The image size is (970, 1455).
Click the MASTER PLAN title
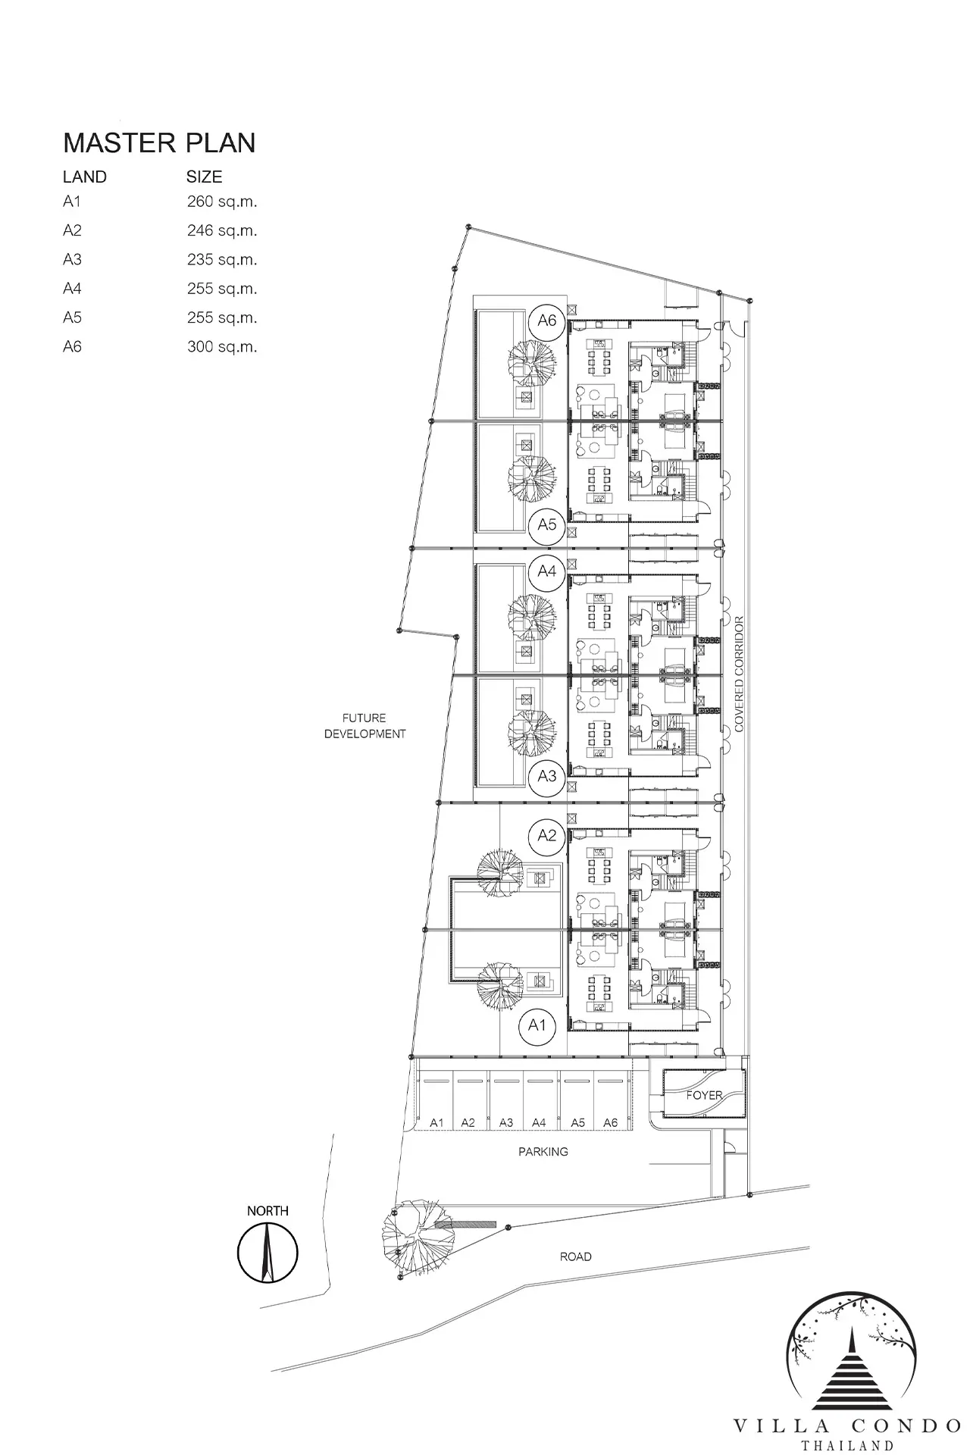click(x=159, y=143)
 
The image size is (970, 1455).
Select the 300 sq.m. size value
click(x=222, y=347)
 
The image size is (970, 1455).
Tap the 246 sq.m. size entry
click(x=222, y=230)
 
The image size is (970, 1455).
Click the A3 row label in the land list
click(x=72, y=259)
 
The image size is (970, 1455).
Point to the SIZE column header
click(x=205, y=177)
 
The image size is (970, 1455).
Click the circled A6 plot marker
click(x=547, y=321)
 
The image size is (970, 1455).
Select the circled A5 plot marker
click(x=547, y=524)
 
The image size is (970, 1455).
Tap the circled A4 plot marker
click(x=547, y=571)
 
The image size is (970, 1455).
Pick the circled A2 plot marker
click(x=547, y=835)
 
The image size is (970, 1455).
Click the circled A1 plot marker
click(x=537, y=1025)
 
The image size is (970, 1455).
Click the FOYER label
click(x=704, y=1095)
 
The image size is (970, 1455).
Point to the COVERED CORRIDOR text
click(x=740, y=674)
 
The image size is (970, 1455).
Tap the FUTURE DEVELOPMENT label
click(x=365, y=726)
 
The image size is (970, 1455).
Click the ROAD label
click(x=576, y=1256)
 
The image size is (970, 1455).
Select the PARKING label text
click(x=543, y=1152)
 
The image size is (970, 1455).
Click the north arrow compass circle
click(x=268, y=1253)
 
